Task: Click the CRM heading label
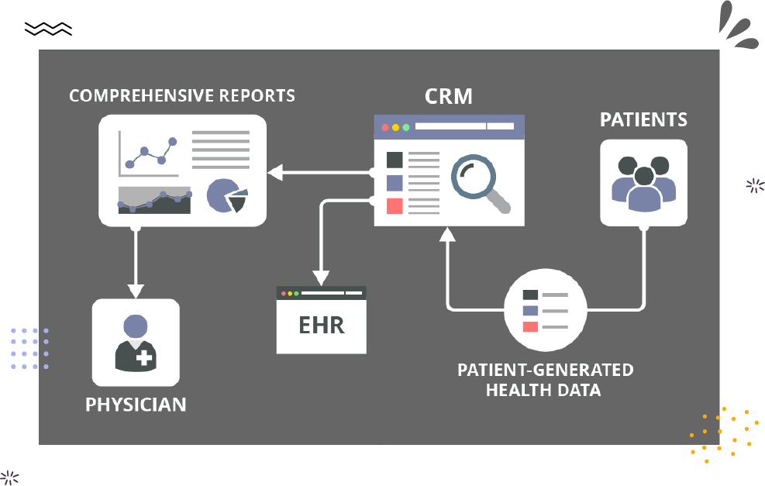click(x=448, y=96)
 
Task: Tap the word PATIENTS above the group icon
click(x=643, y=119)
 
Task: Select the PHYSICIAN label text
click(x=136, y=405)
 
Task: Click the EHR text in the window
click(x=322, y=326)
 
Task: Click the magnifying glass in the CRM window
click(x=481, y=184)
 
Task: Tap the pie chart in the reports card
click(x=227, y=195)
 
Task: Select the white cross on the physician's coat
click(x=144, y=357)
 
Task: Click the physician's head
click(x=136, y=326)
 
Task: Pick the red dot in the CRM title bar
click(x=385, y=127)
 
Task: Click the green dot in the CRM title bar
click(x=406, y=127)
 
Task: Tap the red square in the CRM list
click(x=395, y=206)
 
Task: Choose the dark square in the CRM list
click(x=395, y=160)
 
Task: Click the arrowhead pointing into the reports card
click(x=275, y=172)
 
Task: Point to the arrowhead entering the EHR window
click(x=321, y=278)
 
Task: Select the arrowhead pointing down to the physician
click(x=136, y=291)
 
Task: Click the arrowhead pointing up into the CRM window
click(x=447, y=235)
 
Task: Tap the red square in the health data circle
click(x=530, y=327)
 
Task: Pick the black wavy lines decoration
click(x=48, y=29)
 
